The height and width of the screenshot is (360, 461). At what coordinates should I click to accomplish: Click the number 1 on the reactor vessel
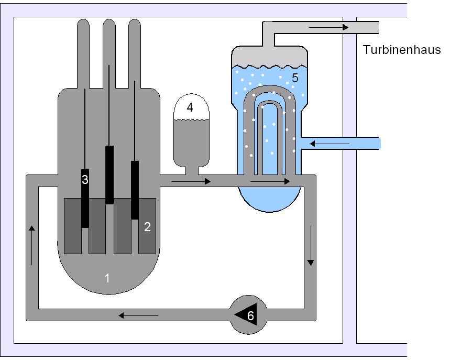[107, 278]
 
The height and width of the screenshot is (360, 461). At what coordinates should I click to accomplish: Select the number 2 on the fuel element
[148, 227]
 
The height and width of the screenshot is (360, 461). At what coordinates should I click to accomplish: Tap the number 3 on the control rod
[85, 179]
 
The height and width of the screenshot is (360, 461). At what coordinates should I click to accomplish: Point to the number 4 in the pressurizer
[190, 107]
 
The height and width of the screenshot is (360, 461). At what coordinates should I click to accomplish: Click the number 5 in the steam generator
[295, 79]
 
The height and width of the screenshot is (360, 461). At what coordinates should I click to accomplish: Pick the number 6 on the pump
[250, 316]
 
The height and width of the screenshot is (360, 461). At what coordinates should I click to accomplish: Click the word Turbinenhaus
[402, 50]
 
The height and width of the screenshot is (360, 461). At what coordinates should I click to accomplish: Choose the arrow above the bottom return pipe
[138, 315]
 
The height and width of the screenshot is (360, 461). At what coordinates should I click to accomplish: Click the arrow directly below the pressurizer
[191, 182]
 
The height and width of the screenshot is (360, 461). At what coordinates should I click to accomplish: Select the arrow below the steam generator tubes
[270, 182]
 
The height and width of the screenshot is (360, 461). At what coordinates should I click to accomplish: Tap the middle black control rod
[109, 174]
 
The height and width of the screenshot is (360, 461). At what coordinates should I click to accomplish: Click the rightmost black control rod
[135, 189]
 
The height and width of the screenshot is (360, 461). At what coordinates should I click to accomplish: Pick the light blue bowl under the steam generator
[269, 199]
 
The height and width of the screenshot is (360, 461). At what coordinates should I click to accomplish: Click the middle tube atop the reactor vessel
[109, 52]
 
